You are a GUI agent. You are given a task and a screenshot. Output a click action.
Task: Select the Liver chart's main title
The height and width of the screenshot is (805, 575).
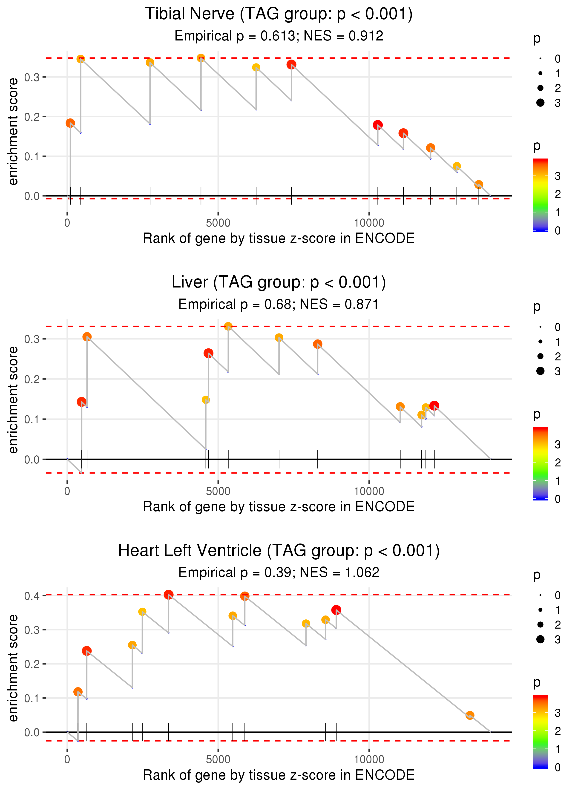click(x=279, y=282)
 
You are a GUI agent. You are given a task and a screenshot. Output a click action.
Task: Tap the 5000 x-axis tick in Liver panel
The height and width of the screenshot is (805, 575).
click(x=218, y=491)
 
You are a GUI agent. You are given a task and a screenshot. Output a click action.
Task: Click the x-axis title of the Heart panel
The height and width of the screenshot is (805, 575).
click(x=279, y=775)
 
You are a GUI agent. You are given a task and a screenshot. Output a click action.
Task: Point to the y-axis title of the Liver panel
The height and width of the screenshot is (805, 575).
click(x=13, y=400)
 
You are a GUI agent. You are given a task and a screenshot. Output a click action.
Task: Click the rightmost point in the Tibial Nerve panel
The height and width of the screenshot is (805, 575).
click(x=479, y=184)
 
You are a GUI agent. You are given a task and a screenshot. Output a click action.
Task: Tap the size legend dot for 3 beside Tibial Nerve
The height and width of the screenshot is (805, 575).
click(x=540, y=103)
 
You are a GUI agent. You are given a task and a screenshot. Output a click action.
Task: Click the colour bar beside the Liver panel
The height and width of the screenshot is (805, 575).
click(x=540, y=463)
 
